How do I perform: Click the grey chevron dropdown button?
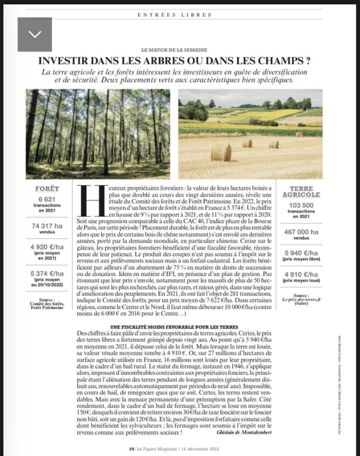pos(35,34)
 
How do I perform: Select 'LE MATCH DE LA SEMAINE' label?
pos(175,49)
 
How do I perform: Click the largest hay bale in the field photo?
pos(221,153)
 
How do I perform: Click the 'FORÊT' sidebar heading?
pos(47,188)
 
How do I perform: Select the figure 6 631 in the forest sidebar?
pos(47,199)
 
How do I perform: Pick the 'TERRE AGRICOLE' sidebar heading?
pos(302,191)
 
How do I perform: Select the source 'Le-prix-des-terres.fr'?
pos(302,301)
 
